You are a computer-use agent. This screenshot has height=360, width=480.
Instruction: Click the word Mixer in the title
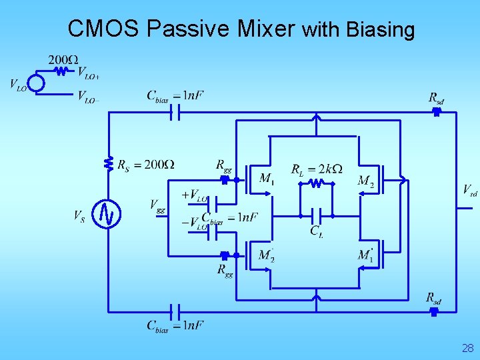coord(267,29)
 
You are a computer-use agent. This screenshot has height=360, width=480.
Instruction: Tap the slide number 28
coord(467,347)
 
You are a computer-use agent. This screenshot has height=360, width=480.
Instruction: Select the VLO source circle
coord(35,83)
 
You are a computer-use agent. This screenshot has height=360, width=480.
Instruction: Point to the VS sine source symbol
coord(107,214)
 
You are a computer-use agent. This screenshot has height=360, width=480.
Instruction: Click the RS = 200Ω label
coord(145,165)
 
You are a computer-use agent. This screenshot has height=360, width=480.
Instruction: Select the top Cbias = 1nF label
coord(175,95)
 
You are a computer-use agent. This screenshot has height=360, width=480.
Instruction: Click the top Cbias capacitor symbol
coord(175,113)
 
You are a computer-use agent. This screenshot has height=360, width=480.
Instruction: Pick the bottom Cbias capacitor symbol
coord(175,311)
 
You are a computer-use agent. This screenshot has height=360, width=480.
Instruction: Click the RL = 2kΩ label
coord(317,169)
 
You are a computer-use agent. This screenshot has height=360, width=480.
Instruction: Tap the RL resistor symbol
coord(316,182)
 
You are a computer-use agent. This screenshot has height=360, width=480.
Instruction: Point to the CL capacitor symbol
coord(317,216)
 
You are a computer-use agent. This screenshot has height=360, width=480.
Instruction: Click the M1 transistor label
coord(267,179)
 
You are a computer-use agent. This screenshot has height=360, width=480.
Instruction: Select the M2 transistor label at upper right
coord(366,181)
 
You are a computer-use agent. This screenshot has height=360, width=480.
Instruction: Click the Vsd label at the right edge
coord(470,191)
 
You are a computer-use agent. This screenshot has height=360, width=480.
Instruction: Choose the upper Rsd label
coord(436,99)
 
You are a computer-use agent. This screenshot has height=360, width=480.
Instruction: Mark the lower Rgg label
coord(225,270)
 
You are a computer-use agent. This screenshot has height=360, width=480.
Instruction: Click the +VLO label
coord(195,195)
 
